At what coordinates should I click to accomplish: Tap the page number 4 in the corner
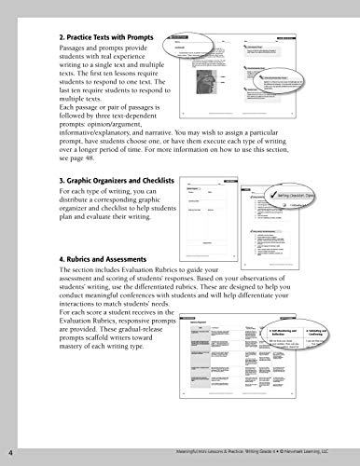click(10, 455)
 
